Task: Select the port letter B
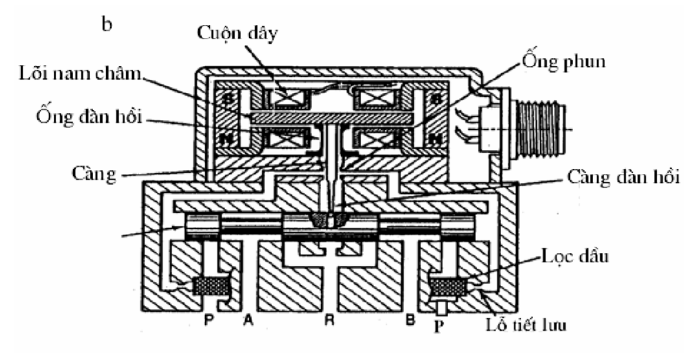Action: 410,322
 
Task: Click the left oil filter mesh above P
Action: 211,286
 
